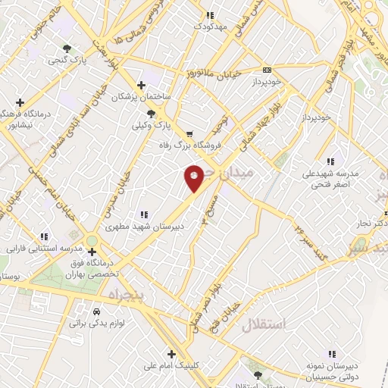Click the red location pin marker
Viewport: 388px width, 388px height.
(x=194, y=177)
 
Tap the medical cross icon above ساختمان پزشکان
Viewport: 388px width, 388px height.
(x=140, y=85)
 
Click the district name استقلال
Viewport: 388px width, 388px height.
(x=265, y=326)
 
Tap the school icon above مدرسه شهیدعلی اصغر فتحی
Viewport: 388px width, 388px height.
(x=330, y=161)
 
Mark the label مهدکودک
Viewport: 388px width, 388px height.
(x=210, y=26)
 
